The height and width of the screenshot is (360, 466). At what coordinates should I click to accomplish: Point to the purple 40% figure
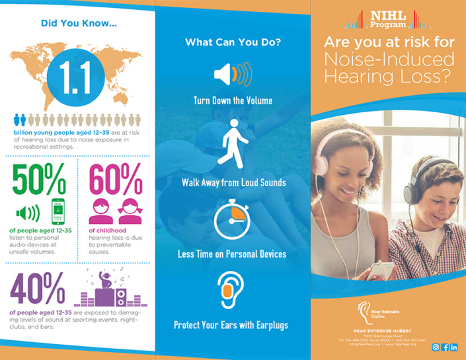pos(38,287)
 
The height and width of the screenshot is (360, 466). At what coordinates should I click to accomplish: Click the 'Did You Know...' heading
pos(79,24)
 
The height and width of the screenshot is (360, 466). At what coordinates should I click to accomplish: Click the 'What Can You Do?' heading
pos(233,43)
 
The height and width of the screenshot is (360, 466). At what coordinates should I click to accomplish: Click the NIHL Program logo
pos(389,18)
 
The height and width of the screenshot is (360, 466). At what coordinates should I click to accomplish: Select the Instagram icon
pos(436,347)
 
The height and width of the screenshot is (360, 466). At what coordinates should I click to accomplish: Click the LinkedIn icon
pos(454,347)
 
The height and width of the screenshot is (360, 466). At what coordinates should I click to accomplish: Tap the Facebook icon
pos(445,347)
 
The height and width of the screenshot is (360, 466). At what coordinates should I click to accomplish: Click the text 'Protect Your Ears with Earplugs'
pos(233,325)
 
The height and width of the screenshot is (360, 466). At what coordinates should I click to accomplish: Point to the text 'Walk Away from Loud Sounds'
pos(233,182)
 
